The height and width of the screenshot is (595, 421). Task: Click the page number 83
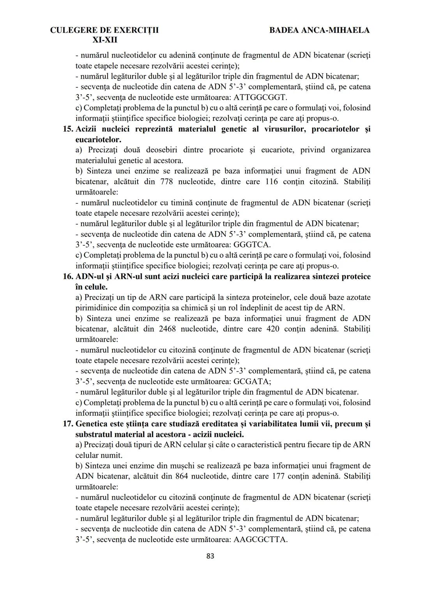click(x=210, y=556)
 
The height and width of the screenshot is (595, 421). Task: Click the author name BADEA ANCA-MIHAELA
click(x=319, y=30)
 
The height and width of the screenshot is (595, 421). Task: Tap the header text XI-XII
click(x=104, y=40)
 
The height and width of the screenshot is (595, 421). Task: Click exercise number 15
click(x=68, y=129)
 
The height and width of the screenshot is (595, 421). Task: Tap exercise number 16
click(x=68, y=277)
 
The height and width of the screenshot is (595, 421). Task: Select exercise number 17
click(x=68, y=424)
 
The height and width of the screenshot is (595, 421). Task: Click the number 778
click(x=169, y=182)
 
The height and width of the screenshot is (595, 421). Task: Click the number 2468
click(x=167, y=329)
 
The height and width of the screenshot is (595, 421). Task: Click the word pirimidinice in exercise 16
click(x=96, y=308)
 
